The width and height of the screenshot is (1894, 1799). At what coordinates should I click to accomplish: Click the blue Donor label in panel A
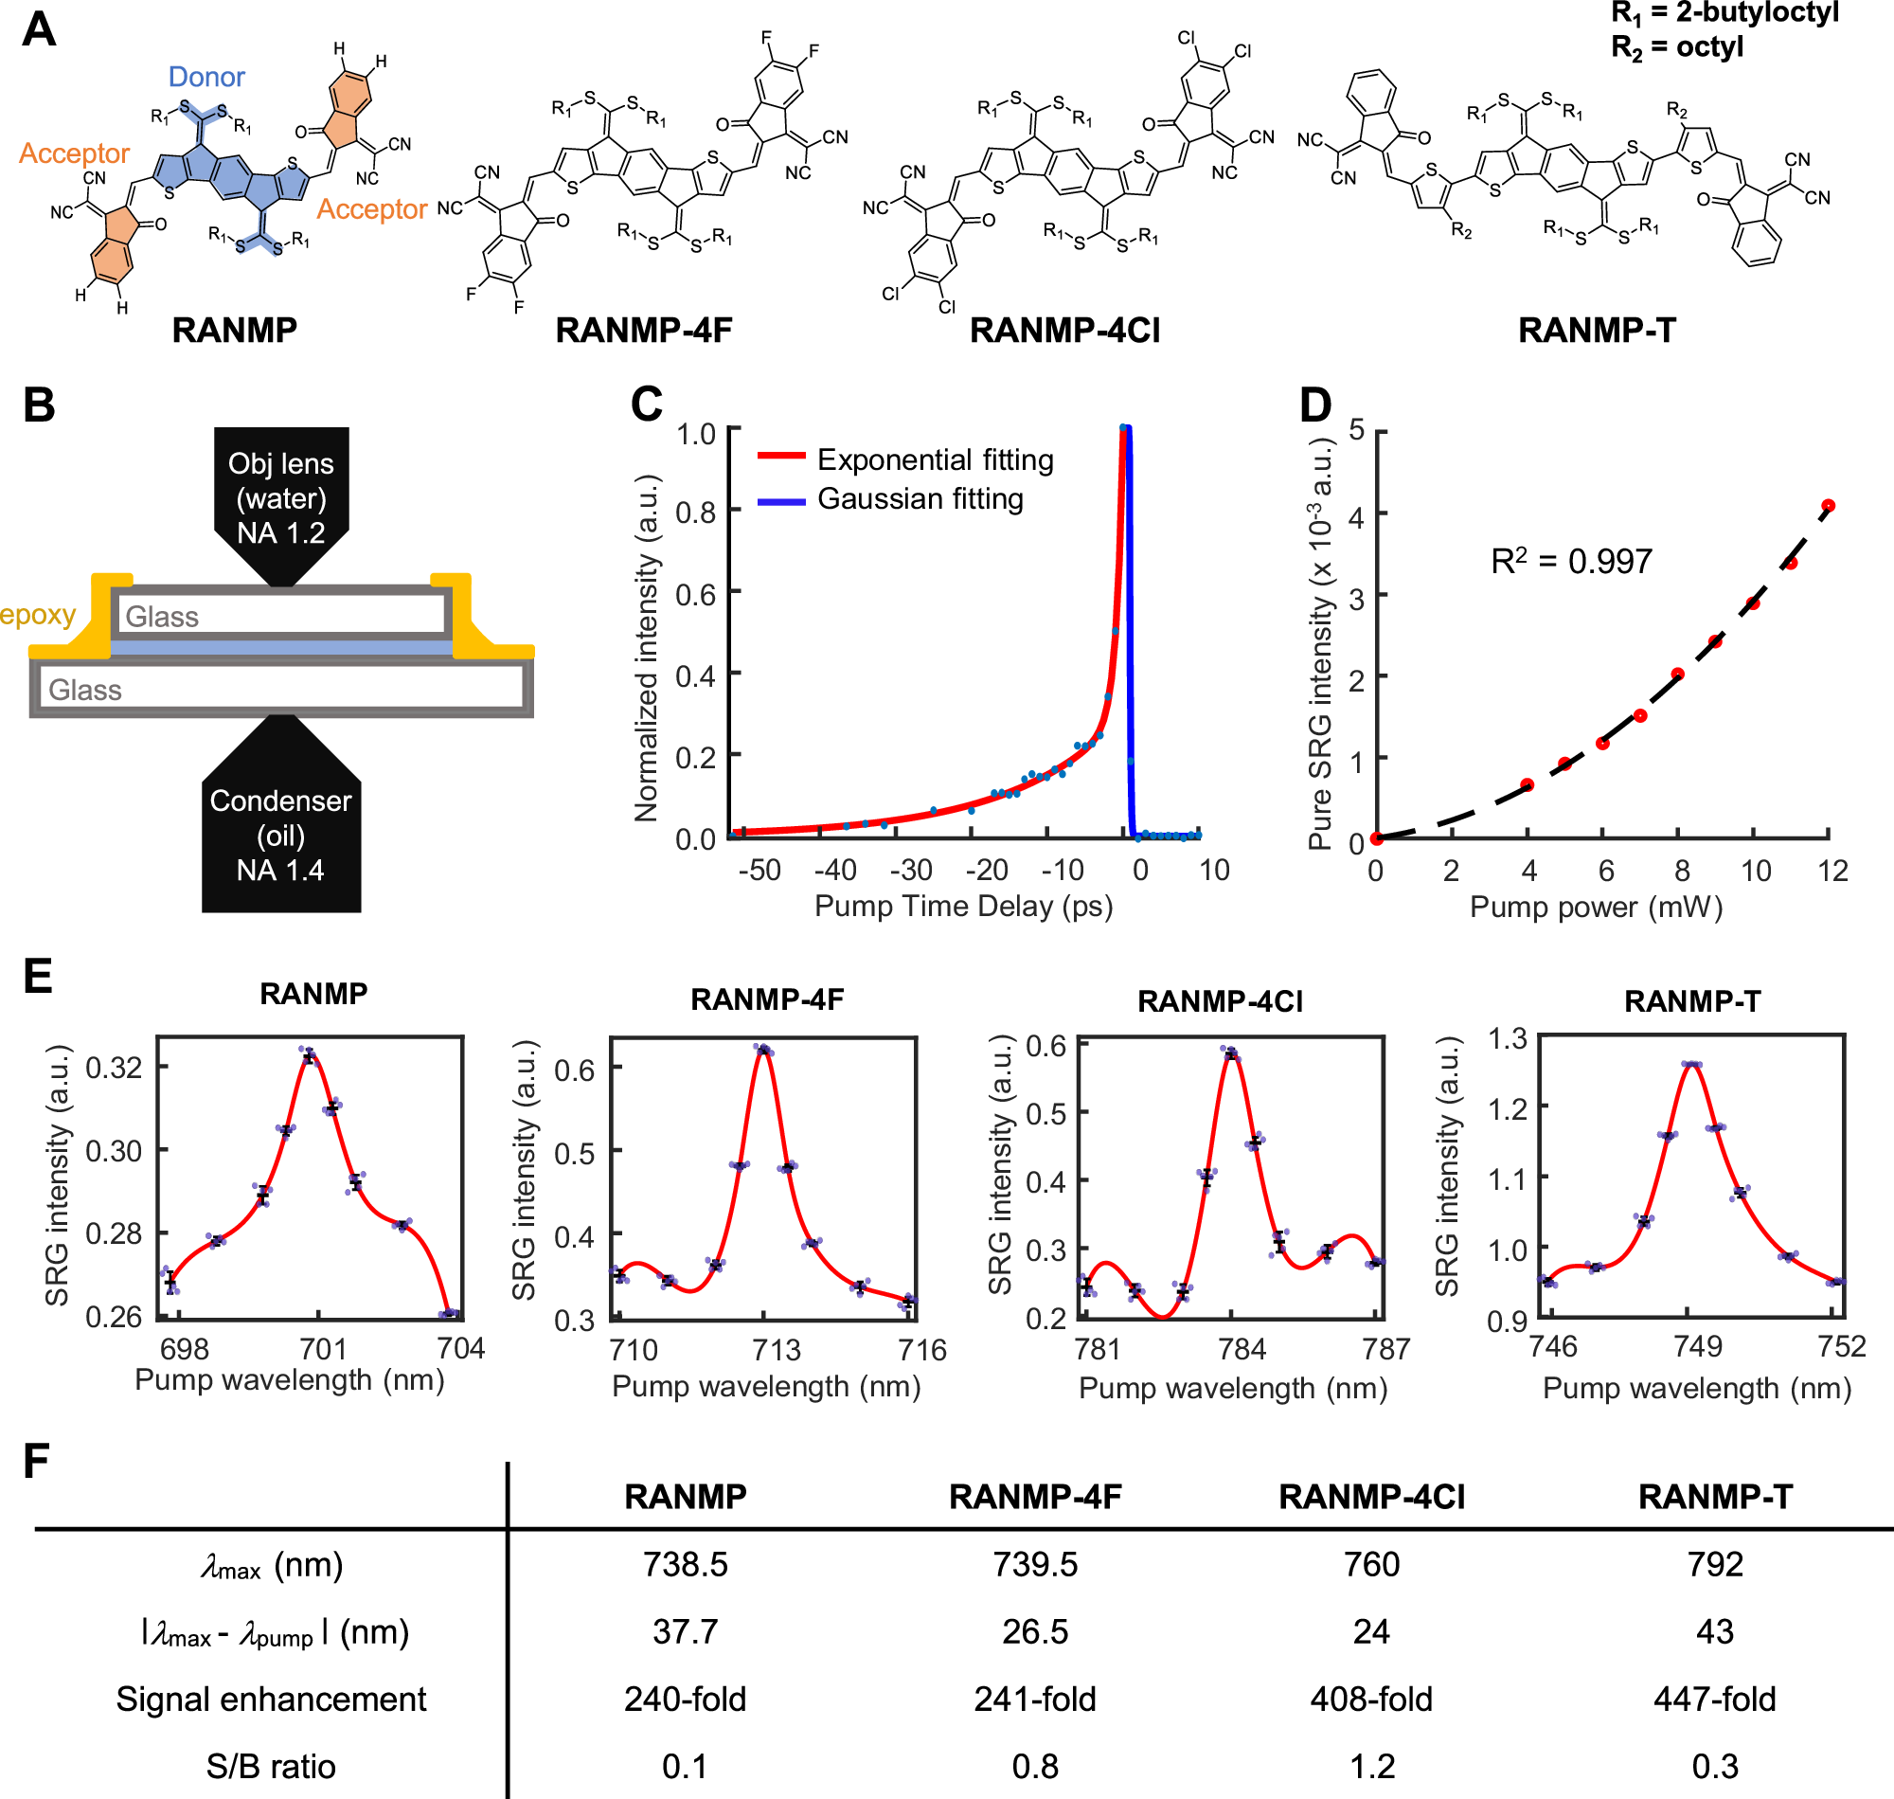(206, 77)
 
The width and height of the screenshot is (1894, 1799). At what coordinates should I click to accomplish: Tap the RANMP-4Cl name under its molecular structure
(1063, 331)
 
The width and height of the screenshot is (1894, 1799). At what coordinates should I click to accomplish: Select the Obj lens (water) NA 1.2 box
(281, 498)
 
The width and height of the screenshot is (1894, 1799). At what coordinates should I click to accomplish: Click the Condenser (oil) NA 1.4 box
(281, 835)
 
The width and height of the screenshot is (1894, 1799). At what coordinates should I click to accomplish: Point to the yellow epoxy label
(37, 615)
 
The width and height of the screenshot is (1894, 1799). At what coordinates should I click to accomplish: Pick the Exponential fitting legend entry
(935, 460)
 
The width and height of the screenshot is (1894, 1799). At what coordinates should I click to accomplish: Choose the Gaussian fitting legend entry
(920, 499)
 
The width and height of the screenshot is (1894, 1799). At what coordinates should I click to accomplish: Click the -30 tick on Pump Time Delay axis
(911, 870)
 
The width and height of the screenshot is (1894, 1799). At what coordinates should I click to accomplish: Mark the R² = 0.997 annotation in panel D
(1571, 561)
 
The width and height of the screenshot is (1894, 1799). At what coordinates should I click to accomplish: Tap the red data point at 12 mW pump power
(1828, 505)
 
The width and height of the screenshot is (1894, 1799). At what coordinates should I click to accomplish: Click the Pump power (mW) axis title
(1596, 908)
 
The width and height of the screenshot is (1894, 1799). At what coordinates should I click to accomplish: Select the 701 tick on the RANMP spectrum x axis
(323, 1349)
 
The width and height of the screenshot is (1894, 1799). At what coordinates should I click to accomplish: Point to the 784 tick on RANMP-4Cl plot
(1242, 1350)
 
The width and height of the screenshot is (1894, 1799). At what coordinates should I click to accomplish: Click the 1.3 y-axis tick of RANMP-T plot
(1508, 1038)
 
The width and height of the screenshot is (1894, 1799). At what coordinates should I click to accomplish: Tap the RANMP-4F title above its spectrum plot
(767, 1000)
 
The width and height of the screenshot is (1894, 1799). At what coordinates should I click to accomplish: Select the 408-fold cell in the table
(1370, 1700)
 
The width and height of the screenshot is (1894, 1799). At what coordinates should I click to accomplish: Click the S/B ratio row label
(270, 1767)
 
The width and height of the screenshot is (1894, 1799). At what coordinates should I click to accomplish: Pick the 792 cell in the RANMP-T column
(1715, 1565)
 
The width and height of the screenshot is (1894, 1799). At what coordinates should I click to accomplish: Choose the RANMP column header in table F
(686, 1497)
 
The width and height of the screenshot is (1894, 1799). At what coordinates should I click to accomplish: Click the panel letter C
(646, 405)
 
